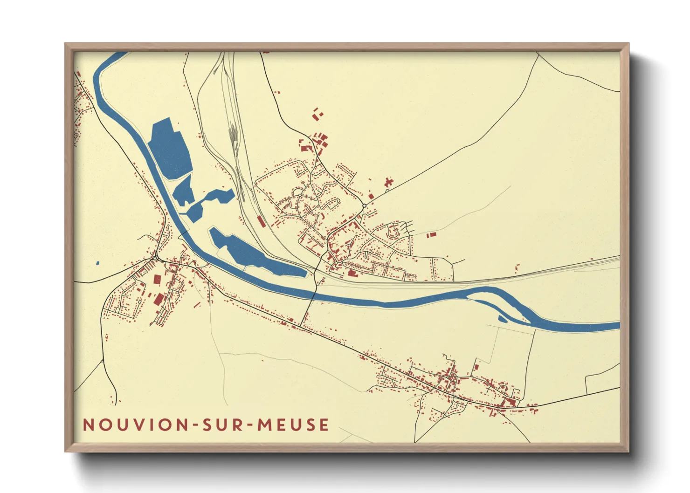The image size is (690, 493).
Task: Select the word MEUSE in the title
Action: [293, 425]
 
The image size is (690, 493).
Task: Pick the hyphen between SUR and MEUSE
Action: [250, 425]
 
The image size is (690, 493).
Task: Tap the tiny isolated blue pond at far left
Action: [97, 263]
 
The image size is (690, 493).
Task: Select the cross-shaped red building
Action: [388, 182]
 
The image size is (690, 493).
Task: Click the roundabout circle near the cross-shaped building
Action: [364, 205]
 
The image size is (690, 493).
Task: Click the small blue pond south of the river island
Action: [503, 319]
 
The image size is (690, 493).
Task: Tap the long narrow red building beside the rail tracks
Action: [262, 221]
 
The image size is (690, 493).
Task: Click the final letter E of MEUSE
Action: [324, 425]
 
